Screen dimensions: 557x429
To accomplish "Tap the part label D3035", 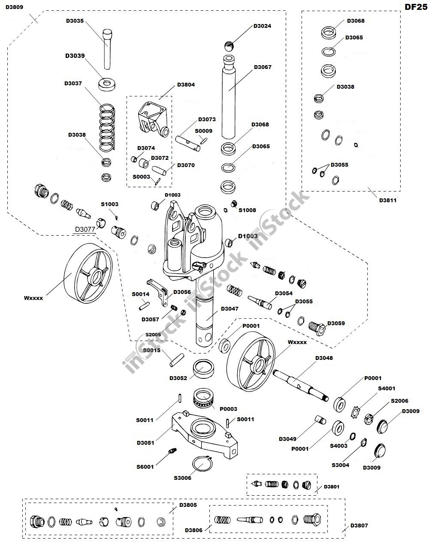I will click(x=75, y=20).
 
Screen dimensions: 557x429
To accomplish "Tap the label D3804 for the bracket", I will click(x=186, y=85).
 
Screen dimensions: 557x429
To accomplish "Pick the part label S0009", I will click(x=203, y=131).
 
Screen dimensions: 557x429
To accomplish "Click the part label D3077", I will click(x=85, y=229).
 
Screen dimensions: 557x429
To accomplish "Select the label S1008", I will click(x=247, y=210).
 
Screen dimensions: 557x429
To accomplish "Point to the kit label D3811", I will click(x=388, y=200).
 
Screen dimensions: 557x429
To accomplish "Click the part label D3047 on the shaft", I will click(x=230, y=309).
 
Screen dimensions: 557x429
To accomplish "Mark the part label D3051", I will click(x=145, y=443).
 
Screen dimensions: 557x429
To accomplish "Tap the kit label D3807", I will click(x=359, y=526).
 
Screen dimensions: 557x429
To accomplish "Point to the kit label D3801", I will click(x=332, y=487).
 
